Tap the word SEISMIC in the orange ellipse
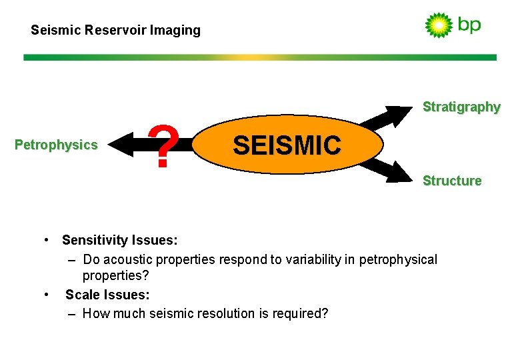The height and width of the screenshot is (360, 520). [x=287, y=145]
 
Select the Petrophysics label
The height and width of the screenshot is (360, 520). [x=56, y=145]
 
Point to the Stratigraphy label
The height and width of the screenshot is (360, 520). [x=461, y=107]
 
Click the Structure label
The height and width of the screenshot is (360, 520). [x=452, y=181]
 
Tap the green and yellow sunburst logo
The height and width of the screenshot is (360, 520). [x=438, y=25]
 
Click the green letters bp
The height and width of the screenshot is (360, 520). [x=469, y=25]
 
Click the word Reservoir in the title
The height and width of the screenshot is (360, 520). [x=113, y=30]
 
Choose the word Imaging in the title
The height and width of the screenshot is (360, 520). [x=176, y=30]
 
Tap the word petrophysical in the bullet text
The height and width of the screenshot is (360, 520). [x=398, y=259]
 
